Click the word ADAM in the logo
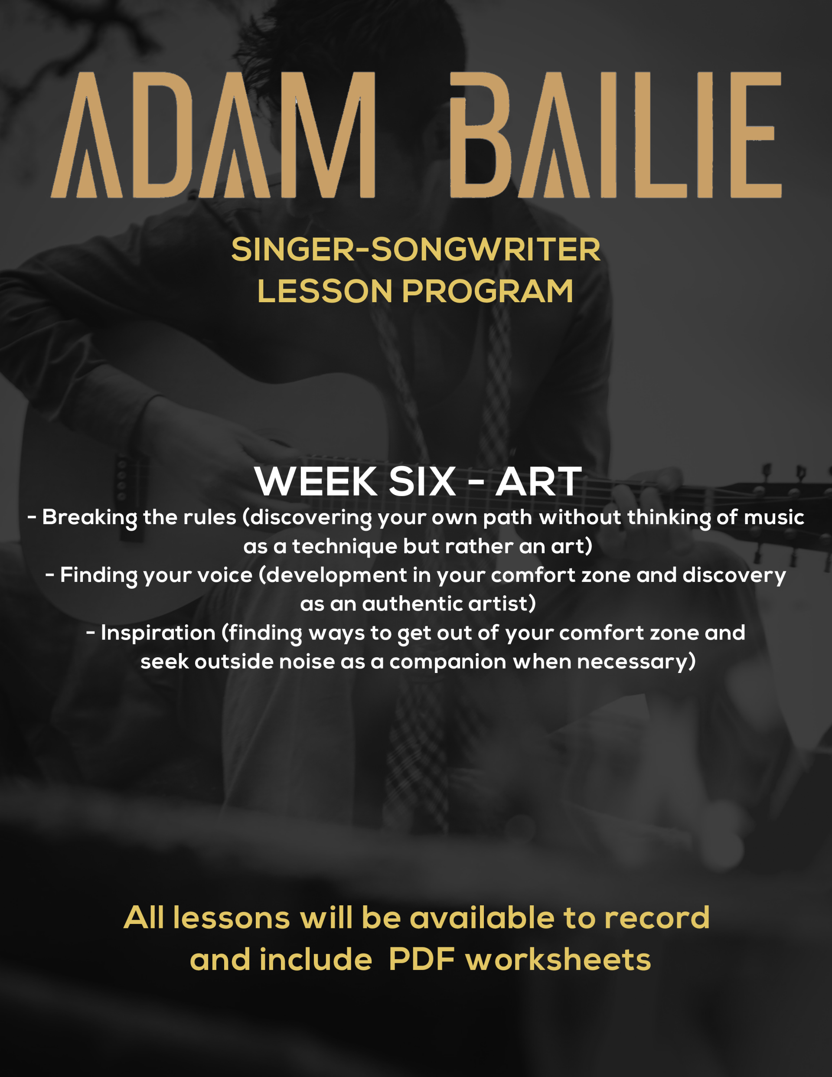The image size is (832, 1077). click(213, 135)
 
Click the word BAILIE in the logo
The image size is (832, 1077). click(616, 135)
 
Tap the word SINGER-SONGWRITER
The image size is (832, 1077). click(416, 250)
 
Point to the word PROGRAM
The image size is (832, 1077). click(488, 291)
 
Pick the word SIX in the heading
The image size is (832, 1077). click(422, 481)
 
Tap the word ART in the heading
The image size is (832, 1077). click(538, 481)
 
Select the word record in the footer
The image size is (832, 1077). click(657, 918)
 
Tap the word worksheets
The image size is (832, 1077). click(558, 960)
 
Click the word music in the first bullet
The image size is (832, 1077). click(774, 517)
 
